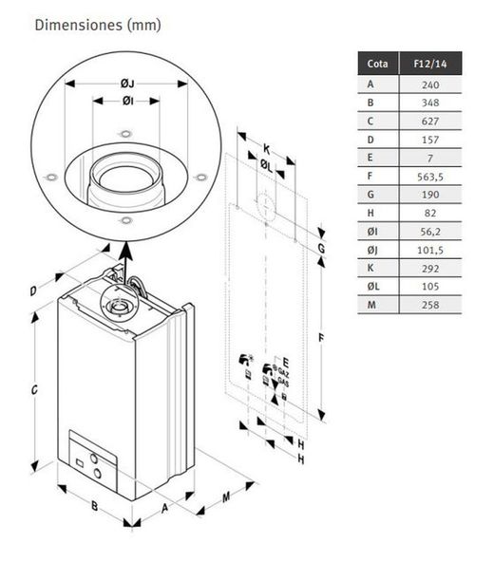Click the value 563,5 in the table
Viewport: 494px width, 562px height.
430,177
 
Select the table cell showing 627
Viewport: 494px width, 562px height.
430,122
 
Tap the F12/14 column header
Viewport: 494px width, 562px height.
430,64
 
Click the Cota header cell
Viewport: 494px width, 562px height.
378,64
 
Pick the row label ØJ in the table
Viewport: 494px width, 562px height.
372,250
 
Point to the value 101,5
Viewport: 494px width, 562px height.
430,250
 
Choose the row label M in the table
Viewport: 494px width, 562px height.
371,305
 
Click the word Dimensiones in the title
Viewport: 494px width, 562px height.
79,25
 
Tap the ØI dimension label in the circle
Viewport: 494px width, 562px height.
127,101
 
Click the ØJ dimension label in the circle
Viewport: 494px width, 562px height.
127,84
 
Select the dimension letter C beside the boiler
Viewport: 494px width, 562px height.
34,389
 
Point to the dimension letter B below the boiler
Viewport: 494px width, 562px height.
94,506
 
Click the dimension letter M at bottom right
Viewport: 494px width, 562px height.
226,497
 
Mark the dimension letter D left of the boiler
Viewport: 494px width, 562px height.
33,291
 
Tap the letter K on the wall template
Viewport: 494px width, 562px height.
267,149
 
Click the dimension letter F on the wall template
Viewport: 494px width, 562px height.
321,338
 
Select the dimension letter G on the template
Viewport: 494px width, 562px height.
321,249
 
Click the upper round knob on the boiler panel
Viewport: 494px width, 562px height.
94,459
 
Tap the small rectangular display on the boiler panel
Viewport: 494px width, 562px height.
80,463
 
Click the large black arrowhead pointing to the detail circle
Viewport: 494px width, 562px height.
125,251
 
